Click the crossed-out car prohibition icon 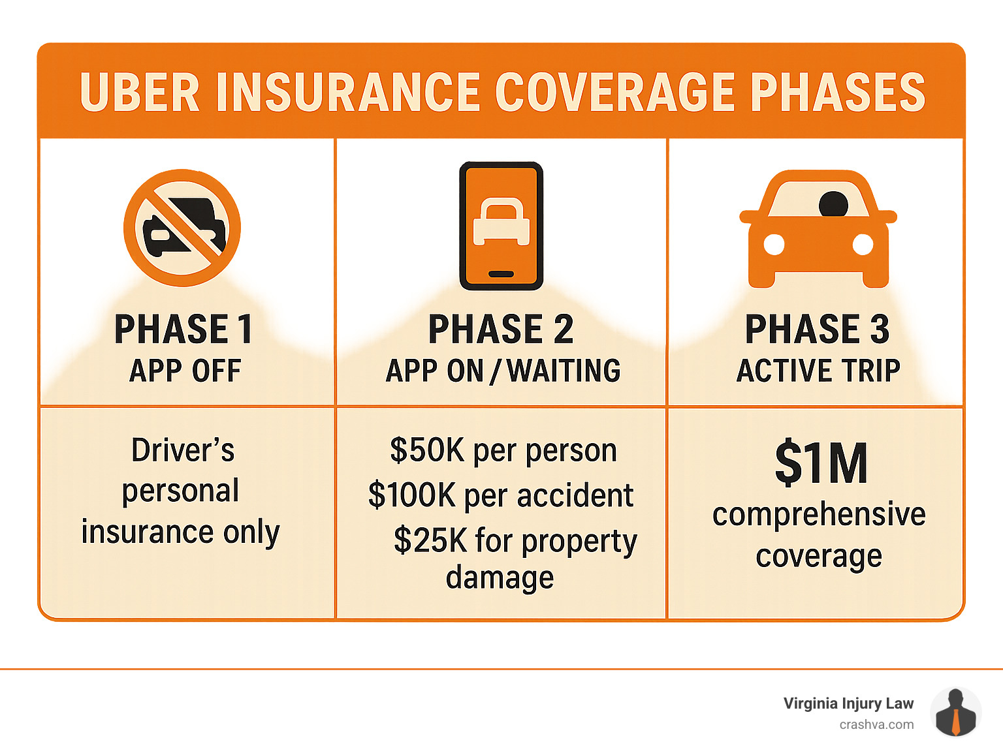coord(182,228)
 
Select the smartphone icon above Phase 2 coord(501,226)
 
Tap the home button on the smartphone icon coord(501,274)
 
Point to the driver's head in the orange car coord(833,204)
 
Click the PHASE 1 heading coord(183,329)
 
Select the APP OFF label coord(185,371)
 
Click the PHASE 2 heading coord(501,329)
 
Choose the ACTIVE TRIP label coord(818,371)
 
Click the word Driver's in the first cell coord(183,450)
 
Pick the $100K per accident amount coord(411,495)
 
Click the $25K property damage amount coord(430,540)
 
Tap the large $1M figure coord(821,463)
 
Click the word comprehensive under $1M coord(819,515)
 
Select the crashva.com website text coord(876,724)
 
